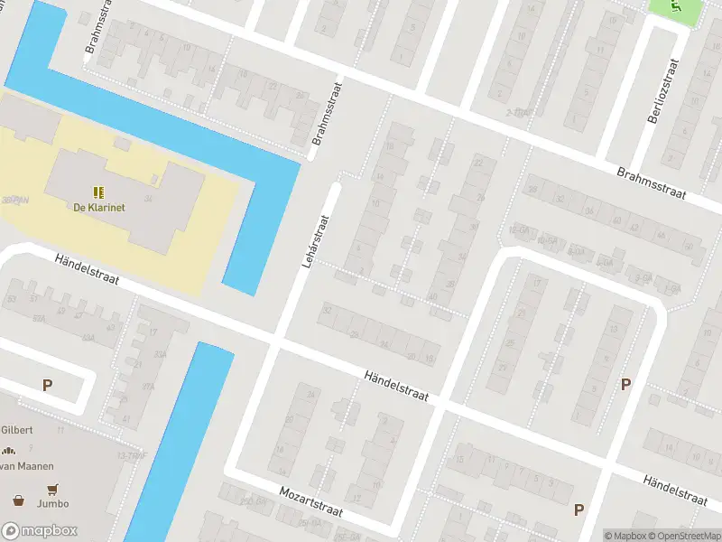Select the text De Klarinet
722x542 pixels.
pos(99,207)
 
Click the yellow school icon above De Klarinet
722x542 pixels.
pos(98,192)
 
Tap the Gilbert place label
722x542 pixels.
pos(16,430)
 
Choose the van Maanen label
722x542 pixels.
pos(27,466)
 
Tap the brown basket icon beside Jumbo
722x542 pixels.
pos(17,500)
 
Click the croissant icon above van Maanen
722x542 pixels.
pos(9,451)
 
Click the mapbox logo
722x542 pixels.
pos(40,531)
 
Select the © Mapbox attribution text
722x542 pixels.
pos(625,536)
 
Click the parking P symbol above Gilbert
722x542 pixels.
pos(47,385)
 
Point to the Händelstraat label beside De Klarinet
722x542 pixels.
pos(87,270)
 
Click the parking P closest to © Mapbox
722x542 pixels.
pos(579,510)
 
